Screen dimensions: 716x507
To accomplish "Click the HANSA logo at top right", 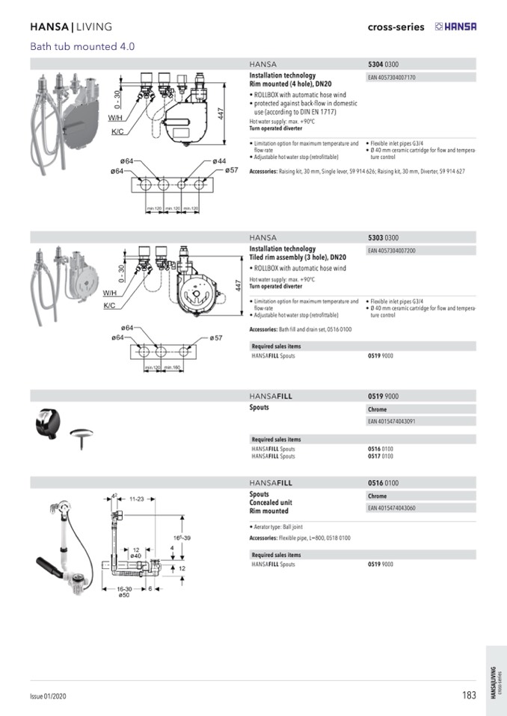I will click(x=455, y=27).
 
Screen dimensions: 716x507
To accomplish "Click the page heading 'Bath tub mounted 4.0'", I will click(x=82, y=46).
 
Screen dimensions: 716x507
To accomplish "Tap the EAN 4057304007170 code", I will click(x=392, y=77).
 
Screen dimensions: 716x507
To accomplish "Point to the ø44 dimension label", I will click(x=218, y=161).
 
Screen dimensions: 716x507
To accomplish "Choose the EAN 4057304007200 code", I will click(x=392, y=251).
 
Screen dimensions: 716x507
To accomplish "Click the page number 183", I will click(x=469, y=695).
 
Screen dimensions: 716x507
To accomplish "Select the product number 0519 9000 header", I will click(x=384, y=396).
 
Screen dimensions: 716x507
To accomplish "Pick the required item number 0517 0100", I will click(x=381, y=455).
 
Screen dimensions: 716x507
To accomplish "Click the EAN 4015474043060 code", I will click(x=392, y=508).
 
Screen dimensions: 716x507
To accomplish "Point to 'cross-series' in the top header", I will click(x=396, y=27).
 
